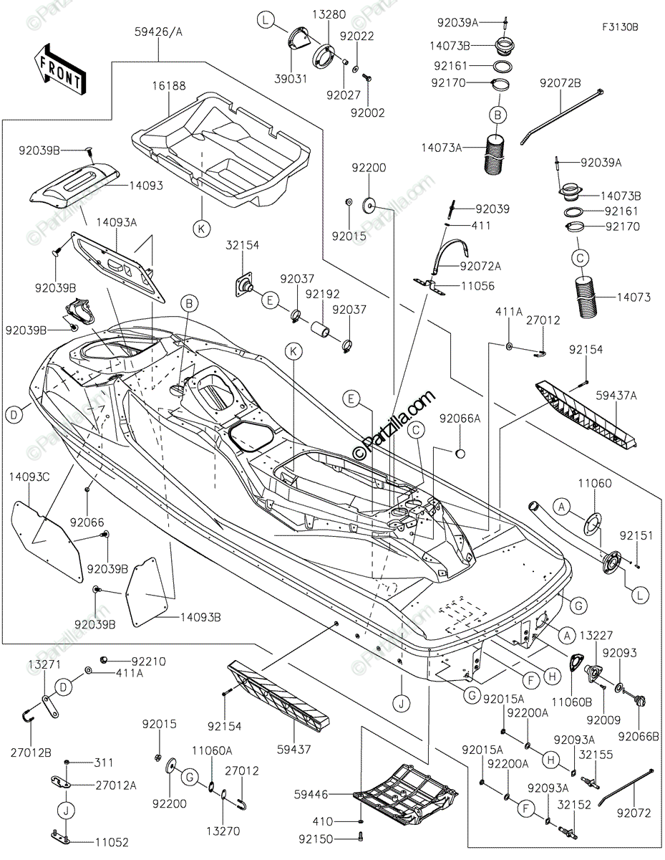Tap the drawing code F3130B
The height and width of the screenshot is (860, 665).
coord(619,27)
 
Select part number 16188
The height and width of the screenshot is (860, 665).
coord(168,85)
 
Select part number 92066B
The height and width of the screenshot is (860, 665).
coord(638,735)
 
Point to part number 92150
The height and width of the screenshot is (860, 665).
coord(317,836)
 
